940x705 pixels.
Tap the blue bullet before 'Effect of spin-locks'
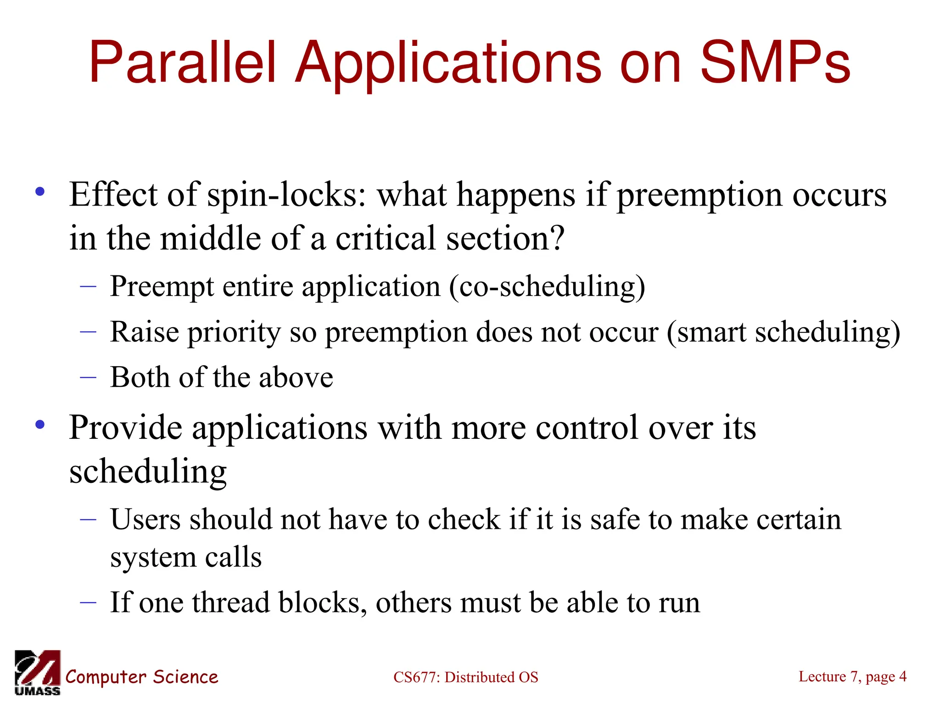click(x=40, y=192)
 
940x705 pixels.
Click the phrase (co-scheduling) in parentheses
click(x=547, y=287)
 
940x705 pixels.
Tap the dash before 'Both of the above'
click(x=88, y=377)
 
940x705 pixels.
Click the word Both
click(x=140, y=377)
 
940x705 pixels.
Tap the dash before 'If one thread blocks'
click(x=88, y=602)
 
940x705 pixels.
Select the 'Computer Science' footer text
click(x=141, y=677)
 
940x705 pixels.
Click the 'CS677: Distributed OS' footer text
click(x=465, y=677)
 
